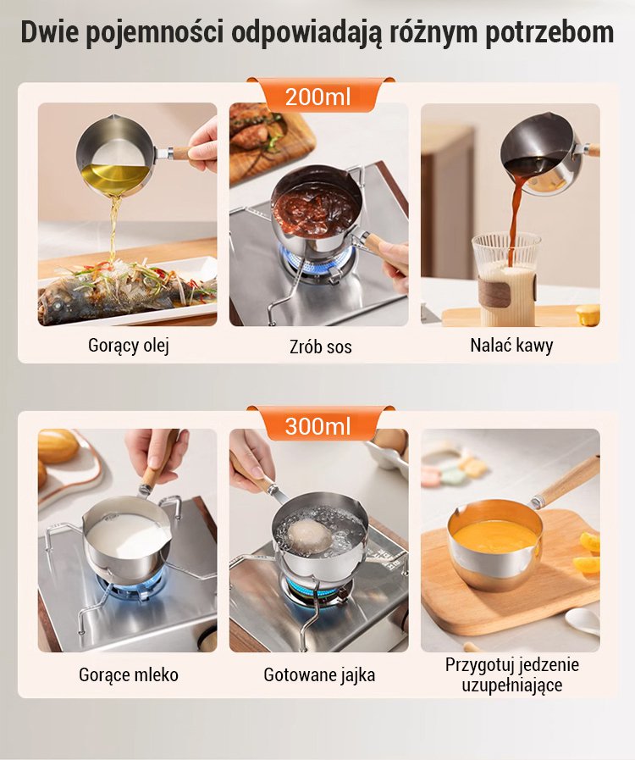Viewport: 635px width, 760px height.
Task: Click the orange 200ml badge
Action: point(318,96)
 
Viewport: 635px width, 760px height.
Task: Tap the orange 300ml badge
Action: point(318,425)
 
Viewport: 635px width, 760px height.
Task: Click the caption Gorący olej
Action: point(129,346)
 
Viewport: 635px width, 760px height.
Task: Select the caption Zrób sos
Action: point(321,347)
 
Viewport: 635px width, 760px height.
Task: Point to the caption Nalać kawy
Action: point(511,346)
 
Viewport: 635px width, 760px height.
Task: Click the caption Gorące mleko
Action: point(129,674)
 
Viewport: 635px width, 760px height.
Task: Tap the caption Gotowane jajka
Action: point(319,674)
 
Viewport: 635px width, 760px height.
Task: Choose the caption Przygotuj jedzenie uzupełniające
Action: point(512,674)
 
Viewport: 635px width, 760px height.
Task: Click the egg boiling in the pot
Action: point(309,536)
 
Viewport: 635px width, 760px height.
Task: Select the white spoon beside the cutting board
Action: point(583,621)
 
